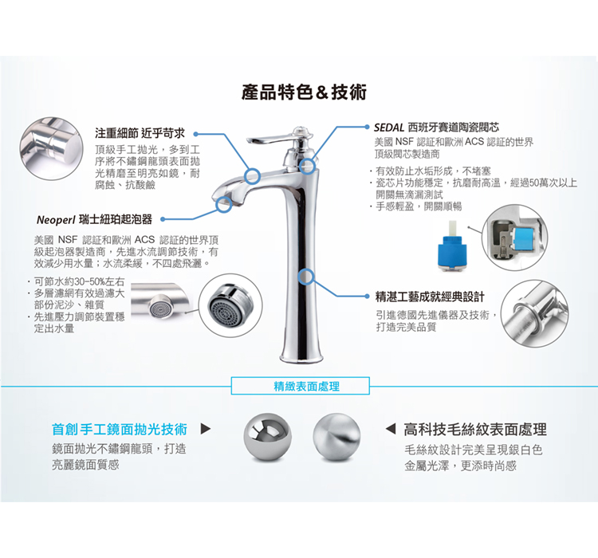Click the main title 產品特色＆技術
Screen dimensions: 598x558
tap(304, 92)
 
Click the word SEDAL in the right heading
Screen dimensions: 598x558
tap(388, 127)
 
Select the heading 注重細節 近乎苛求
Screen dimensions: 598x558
tap(140, 133)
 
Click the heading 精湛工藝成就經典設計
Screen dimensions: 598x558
tap(430, 297)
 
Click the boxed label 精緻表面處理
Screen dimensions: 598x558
tap(301, 386)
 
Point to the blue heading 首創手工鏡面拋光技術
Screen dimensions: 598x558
tap(120, 429)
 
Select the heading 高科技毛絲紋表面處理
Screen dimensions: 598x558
tap(475, 430)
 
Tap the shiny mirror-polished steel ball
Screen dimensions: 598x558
tap(267, 436)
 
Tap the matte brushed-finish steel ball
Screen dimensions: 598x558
tap(336, 436)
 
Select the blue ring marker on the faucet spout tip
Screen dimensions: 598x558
tap(223, 204)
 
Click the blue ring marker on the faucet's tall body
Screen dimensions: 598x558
tap(307, 277)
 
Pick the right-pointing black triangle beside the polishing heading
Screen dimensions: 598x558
tap(206, 429)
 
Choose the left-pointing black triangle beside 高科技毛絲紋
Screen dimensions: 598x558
tap(390, 429)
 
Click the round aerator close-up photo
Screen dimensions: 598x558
tap(230, 305)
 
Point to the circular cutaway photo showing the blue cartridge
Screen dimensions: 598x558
tap(514, 238)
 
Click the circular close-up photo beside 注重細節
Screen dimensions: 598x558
tap(51, 149)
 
